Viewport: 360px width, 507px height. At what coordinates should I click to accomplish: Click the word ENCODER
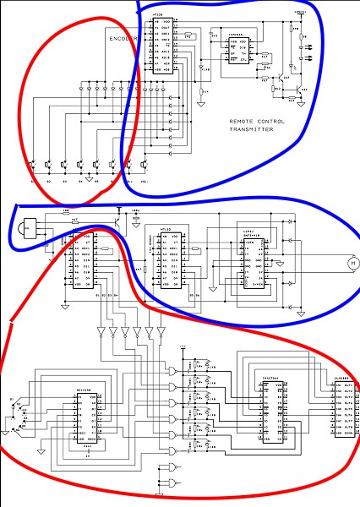122,39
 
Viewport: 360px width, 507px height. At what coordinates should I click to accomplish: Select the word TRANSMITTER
257,131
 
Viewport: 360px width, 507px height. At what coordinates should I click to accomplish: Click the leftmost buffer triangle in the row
101,330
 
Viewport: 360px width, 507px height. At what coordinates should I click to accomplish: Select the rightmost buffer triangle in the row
161,330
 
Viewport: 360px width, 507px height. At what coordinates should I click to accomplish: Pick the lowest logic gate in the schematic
173,485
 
